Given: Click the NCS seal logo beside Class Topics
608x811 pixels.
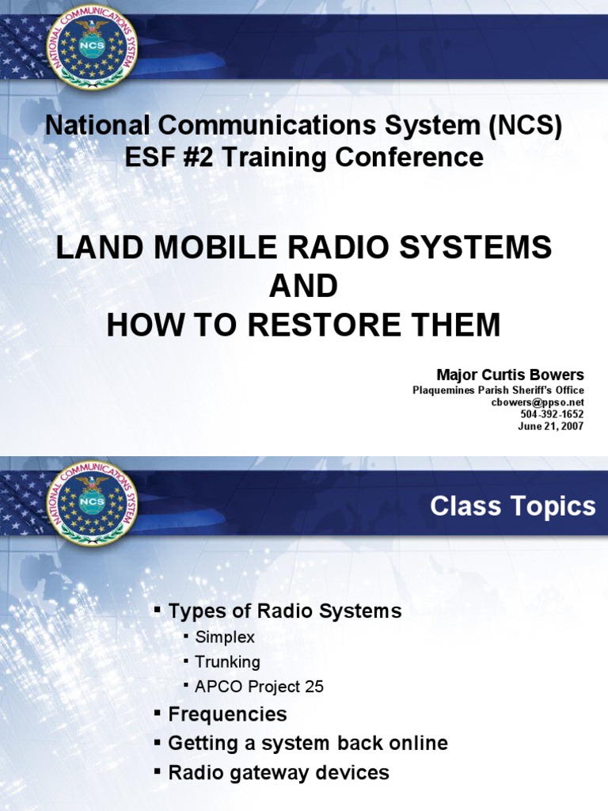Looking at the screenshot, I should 93,501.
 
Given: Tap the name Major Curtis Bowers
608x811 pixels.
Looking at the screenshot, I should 511,375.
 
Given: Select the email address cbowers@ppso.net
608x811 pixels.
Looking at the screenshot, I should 538,402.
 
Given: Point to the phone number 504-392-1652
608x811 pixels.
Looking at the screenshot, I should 552,414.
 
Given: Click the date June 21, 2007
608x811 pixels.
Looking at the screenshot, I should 551,426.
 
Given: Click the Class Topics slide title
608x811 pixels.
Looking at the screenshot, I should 512,506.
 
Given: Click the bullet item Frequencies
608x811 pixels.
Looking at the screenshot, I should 227,714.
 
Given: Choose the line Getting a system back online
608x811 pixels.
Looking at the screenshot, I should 308,743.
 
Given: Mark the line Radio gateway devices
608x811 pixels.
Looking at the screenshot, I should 279,772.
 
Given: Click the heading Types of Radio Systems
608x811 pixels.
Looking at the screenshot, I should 285,611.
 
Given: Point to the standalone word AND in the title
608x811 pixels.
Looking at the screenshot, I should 303,286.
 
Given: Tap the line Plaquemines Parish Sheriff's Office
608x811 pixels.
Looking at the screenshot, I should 498,390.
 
